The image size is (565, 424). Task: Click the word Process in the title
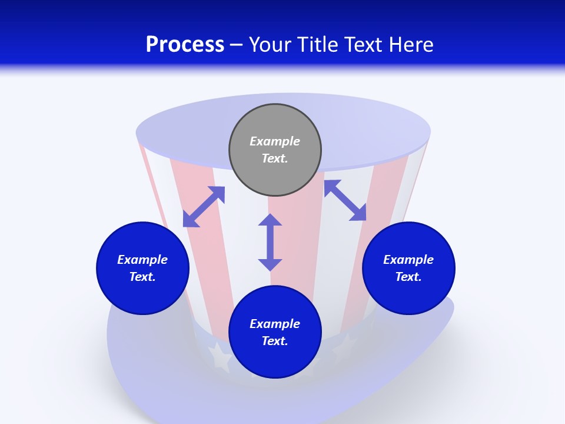[x=185, y=45]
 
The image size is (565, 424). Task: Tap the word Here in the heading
[x=411, y=44]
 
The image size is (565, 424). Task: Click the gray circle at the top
[x=275, y=150]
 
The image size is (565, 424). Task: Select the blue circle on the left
[x=142, y=269]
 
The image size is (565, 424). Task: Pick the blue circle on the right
[x=408, y=269]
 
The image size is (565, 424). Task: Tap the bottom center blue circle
[x=275, y=332]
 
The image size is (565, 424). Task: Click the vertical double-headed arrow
[x=270, y=242]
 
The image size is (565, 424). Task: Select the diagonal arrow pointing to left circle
[x=204, y=207]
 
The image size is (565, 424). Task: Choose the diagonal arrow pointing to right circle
[x=345, y=200]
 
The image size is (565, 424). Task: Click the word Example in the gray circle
[x=275, y=141]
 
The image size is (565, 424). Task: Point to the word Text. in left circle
[x=142, y=277]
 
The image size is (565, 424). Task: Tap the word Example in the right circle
[x=408, y=260]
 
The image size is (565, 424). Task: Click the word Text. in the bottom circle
[x=275, y=341]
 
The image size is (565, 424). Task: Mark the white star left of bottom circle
[x=220, y=357]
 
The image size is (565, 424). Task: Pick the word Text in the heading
[x=363, y=44]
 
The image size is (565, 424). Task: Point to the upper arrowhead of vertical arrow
[x=270, y=220]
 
